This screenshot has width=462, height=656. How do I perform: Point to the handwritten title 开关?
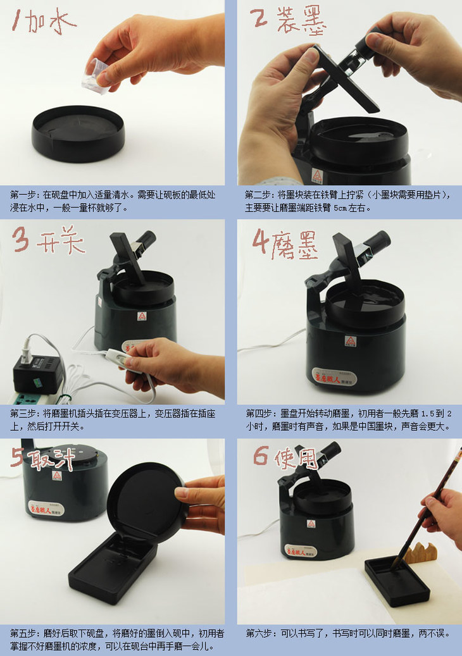coord(61,240)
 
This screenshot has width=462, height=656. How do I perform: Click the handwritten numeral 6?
coord(260,456)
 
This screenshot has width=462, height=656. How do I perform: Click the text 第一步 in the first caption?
coord(23,195)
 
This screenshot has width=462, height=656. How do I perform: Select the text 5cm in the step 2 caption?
coord(340,208)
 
